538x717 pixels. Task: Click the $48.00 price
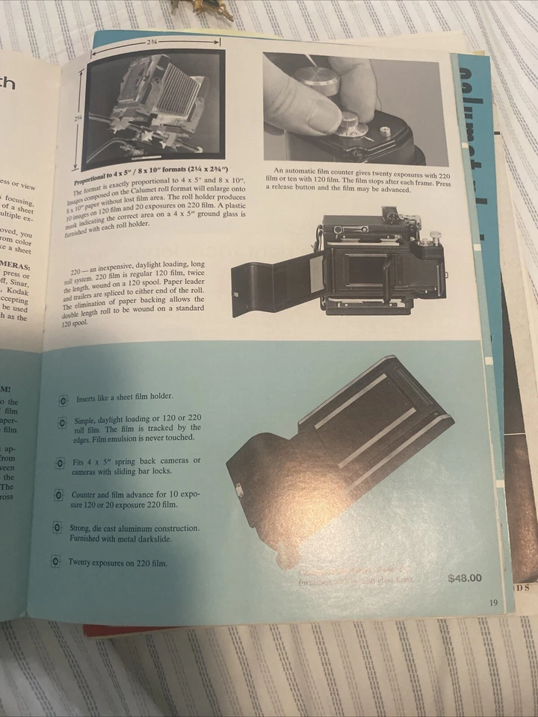pos(465,577)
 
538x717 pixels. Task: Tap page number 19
pos(494,604)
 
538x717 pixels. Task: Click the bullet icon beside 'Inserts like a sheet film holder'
pos(64,400)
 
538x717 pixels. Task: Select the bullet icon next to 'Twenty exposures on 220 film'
pos(55,562)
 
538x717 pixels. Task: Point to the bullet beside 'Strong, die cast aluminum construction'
pos(57,529)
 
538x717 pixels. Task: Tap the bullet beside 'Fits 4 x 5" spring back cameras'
pos(60,464)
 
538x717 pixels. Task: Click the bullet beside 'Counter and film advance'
pos(58,494)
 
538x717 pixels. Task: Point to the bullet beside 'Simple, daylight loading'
pos(62,423)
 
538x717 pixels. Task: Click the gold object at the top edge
pos(202,8)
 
